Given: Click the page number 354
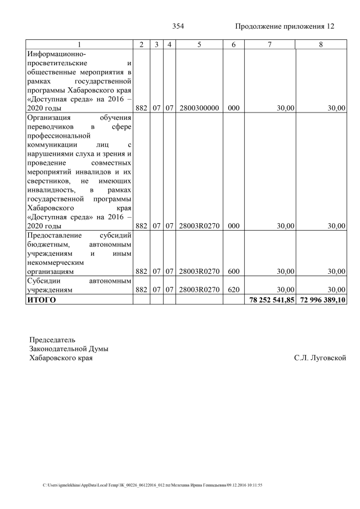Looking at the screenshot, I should click(x=178, y=26).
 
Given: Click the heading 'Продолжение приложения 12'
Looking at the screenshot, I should click(x=285, y=26).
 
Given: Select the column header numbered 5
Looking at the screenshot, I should click(x=199, y=44).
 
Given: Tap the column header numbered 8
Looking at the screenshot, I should click(x=321, y=44).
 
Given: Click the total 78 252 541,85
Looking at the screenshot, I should click(x=271, y=300).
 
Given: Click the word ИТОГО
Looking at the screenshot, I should click(x=42, y=300).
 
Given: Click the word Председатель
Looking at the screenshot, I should click(x=52, y=340).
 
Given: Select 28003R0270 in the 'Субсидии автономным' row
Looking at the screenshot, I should click(x=199, y=290).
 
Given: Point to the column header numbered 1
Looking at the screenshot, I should click(x=79, y=44).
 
